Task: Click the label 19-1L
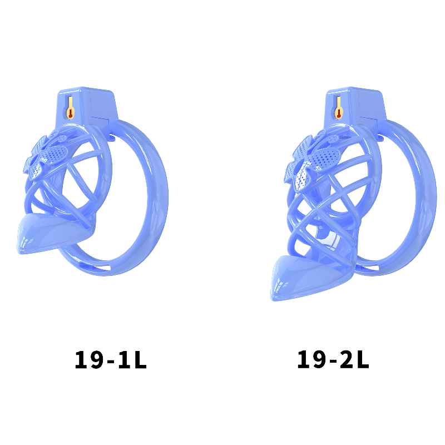pos(110,359)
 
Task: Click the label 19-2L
pos(333,359)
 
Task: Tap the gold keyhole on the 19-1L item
pos(70,107)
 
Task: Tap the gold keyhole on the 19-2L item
pos(338,107)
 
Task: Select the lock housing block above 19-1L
pos(87,106)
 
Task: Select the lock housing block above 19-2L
pos(355,106)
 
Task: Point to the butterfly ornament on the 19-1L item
pos(46,157)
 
